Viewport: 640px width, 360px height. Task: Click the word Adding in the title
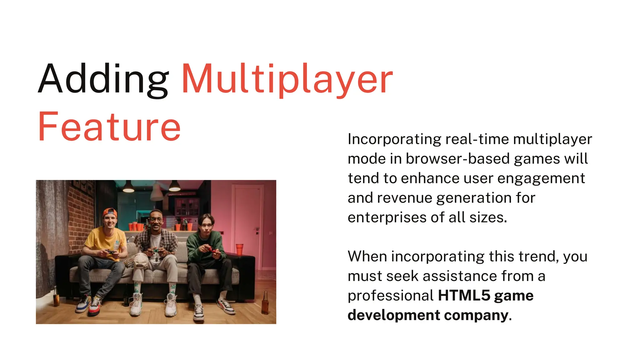pos(103,79)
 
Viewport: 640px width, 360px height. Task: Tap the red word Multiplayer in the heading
pos(287,79)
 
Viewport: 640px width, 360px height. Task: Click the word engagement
pos(541,178)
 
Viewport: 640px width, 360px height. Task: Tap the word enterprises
pos(387,217)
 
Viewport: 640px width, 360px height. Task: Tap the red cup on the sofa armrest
pos(239,249)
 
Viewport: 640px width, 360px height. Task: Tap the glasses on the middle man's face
pos(155,219)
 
